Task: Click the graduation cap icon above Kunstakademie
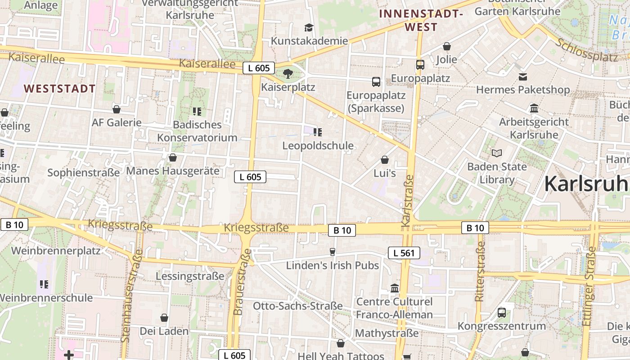coord(309,28)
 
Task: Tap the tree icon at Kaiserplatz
coord(288,73)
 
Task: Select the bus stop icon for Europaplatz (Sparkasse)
coord(376,82)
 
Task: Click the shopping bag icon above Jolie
coord(447,46)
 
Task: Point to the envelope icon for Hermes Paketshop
coord(523,77)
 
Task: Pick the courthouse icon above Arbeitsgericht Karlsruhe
coord(534,108)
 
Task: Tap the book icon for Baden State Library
coord(497,153)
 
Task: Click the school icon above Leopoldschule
coord(318,132)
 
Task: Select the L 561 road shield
coord(404,253)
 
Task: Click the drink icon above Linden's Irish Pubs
coord(333,252)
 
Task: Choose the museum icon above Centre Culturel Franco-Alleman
coord(395,288)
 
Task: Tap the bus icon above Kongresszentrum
coord(502,312)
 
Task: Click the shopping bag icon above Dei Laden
coord(164,318)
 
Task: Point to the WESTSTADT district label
coord(60,89)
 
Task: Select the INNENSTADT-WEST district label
coord(421,20)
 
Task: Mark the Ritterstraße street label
coord(480,271)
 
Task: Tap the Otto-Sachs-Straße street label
coord(298,306)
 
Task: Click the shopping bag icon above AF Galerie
coord(117,109)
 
